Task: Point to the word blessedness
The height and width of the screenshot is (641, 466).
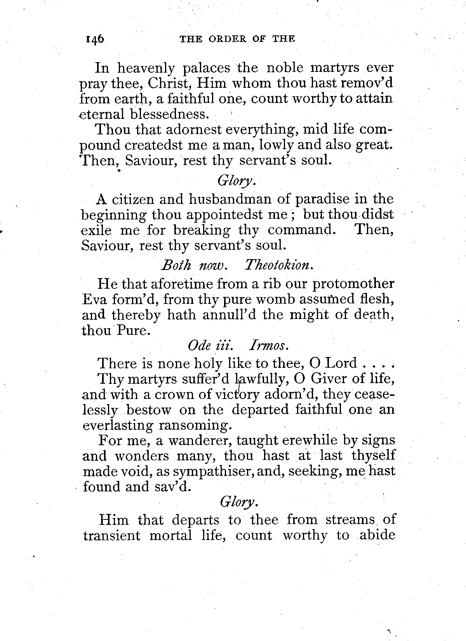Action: (x=169, y=114)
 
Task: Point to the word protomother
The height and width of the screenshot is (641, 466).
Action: (x=353, y=284)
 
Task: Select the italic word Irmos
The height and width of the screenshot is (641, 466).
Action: (x=270, y=345)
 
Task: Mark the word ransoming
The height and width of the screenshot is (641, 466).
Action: (x=195, y=425)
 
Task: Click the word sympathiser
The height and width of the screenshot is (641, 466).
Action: (x=208, y=472)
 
